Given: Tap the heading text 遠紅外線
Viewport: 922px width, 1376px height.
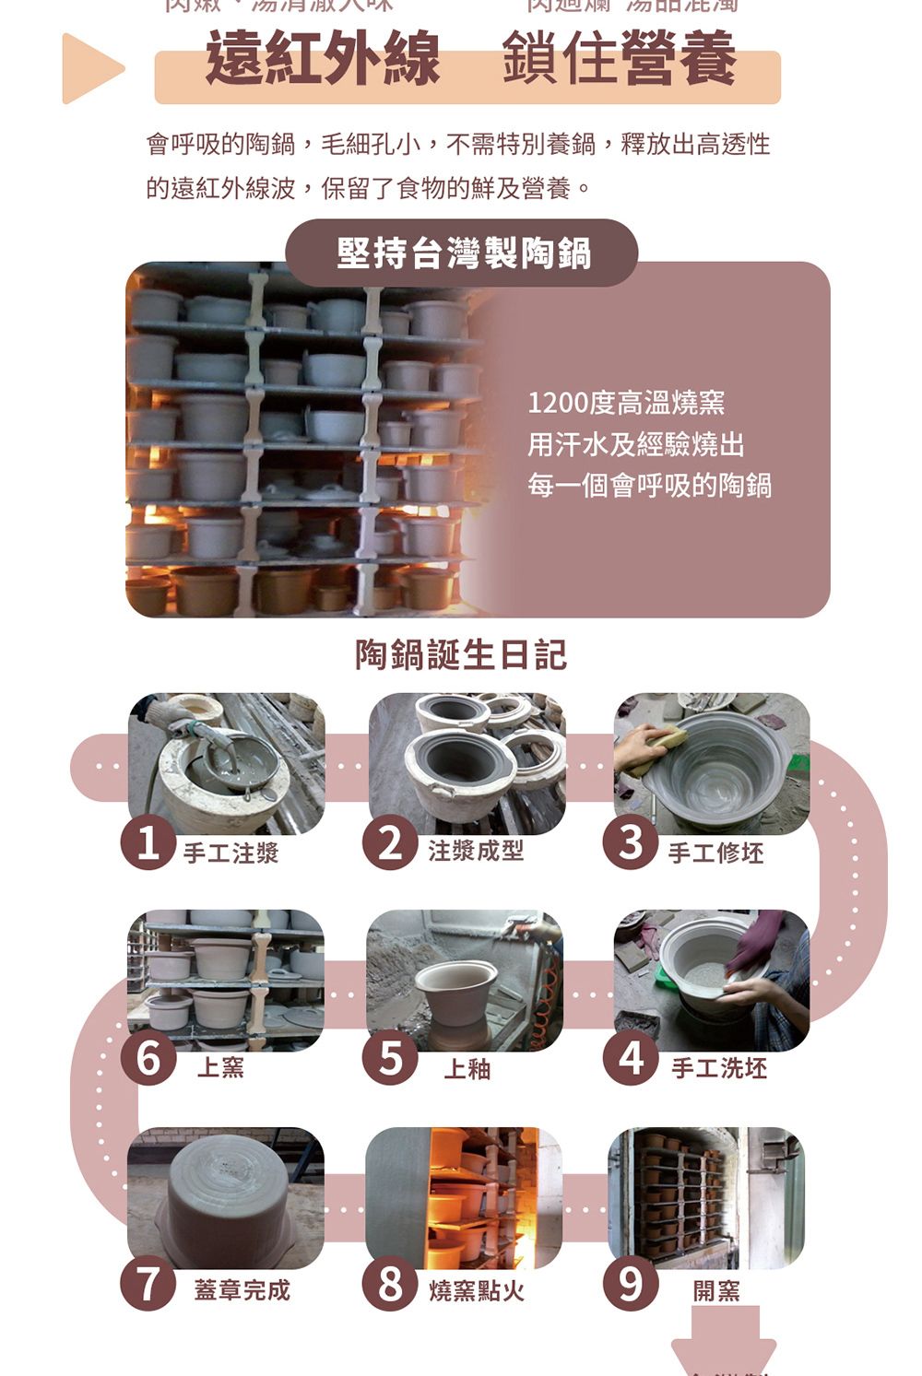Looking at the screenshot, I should click(x=323, y=58).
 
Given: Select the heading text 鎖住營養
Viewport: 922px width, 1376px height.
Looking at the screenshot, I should click(x=619, y=58).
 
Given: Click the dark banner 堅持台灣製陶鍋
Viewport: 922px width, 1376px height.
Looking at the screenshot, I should click(x=463, y=253).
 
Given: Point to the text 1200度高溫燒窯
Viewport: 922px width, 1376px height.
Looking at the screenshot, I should click(x=625, y=403).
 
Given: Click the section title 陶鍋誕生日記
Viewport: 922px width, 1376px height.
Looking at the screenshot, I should click(x=461, y=654).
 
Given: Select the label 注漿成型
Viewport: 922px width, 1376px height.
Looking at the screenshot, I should click(x=476, y=851).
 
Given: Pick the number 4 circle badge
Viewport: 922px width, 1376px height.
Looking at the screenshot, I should click(x=631, y=1058).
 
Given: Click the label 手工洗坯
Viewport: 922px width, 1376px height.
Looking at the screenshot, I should click(x=719, y=1068).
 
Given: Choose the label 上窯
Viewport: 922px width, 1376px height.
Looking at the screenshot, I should click(x=221, y=1067).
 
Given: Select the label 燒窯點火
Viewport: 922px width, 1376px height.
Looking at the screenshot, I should click(x=477, y=1290).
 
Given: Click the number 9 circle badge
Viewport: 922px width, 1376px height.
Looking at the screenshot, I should click(x=631, y=1282).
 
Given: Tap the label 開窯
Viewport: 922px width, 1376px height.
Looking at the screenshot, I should click(x=717, y=1290).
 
